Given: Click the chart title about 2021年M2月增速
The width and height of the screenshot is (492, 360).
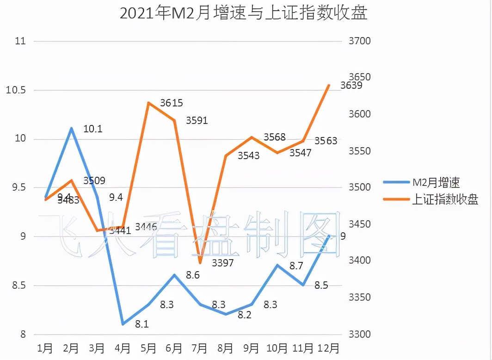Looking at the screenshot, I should [x=243, y=13].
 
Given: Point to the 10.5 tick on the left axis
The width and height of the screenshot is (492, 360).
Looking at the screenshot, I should [x=16, y=90].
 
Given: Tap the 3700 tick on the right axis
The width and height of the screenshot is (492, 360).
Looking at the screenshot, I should [x=358, y=41].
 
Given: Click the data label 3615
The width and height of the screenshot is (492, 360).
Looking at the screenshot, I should [x=172, y=103].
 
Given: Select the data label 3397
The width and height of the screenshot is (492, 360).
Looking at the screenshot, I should [x=222, y=263].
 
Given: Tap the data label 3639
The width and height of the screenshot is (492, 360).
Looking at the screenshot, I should [x=351, y=86].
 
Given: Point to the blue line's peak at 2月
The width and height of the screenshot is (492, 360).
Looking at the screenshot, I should [x=71, y=128].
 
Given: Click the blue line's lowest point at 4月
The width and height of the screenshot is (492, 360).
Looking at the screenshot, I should [x=123, y=324].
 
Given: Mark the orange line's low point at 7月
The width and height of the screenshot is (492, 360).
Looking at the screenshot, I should [x=200, y=263].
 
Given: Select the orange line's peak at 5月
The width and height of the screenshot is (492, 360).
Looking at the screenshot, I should [x=148, y=103].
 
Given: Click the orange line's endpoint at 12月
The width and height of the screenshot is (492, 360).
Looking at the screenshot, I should [x=328, y=85].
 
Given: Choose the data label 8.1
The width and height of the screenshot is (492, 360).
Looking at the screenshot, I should [x=141, y=324].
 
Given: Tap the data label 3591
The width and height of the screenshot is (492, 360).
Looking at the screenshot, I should [x=197, y=121].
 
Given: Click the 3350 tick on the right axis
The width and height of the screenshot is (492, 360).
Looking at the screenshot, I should [x=358, y=297].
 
